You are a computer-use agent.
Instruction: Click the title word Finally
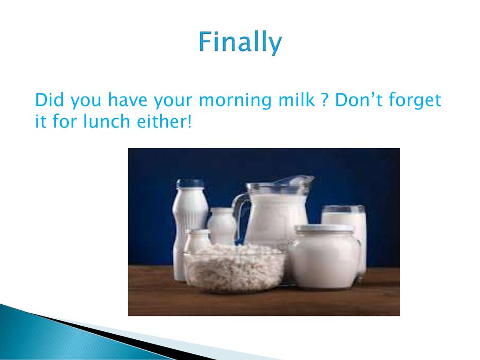240,42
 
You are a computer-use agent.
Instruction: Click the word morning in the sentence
235,101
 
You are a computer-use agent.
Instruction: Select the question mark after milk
325,100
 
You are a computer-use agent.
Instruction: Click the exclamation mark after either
189,121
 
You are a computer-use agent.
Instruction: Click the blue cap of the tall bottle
190,183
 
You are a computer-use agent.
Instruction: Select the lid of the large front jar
324,228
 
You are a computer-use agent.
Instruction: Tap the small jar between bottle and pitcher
222,226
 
